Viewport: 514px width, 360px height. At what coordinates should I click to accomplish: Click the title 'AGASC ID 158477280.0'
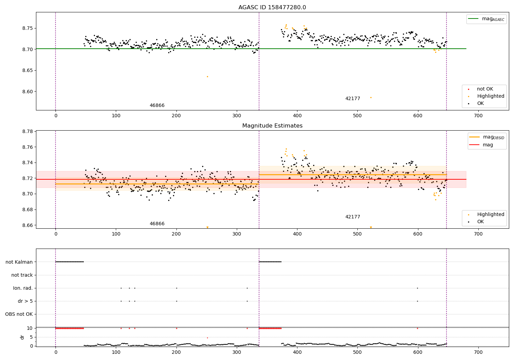(272, 8)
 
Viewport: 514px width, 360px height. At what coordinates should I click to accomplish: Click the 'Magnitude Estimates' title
(272, 126)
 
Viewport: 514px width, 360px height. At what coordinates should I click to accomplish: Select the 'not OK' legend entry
(485, 89)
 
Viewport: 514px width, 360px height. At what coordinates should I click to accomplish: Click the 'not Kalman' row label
(19, 262)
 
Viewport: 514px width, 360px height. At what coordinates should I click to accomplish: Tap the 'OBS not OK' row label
(19, 314)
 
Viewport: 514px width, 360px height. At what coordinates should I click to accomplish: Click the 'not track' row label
(22, 275)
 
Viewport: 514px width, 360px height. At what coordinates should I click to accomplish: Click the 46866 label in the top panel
(157, 106)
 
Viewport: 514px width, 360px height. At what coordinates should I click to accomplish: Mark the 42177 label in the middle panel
(353, 217)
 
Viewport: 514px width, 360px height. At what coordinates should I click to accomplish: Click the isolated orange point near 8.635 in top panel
(207, 76)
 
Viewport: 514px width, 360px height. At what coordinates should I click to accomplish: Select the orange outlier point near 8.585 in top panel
(371, 97)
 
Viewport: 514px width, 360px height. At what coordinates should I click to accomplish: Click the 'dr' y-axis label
(22, 337)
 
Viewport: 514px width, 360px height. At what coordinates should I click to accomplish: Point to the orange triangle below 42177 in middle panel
(371, 227)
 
